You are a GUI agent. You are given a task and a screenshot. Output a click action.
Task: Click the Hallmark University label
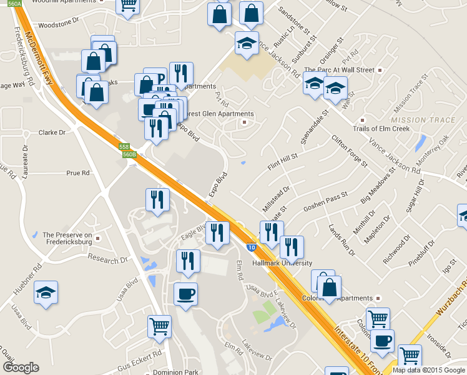[x=282, y=263]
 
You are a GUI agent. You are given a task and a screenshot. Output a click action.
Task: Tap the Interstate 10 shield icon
[x=250, y=247]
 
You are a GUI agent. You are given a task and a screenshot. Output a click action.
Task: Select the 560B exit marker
[x=129, y=154]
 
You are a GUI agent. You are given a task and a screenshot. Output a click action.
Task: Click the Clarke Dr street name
[x=52, y=132]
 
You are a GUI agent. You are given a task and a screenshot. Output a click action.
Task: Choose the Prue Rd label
[x=78, y=172]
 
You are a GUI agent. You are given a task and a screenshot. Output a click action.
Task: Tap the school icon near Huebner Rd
[x=46, y=293]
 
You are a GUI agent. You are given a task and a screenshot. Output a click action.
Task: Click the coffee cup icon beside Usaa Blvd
[x=185, y=294]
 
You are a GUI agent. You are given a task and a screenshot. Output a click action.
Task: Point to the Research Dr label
[x=107, y=258]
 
